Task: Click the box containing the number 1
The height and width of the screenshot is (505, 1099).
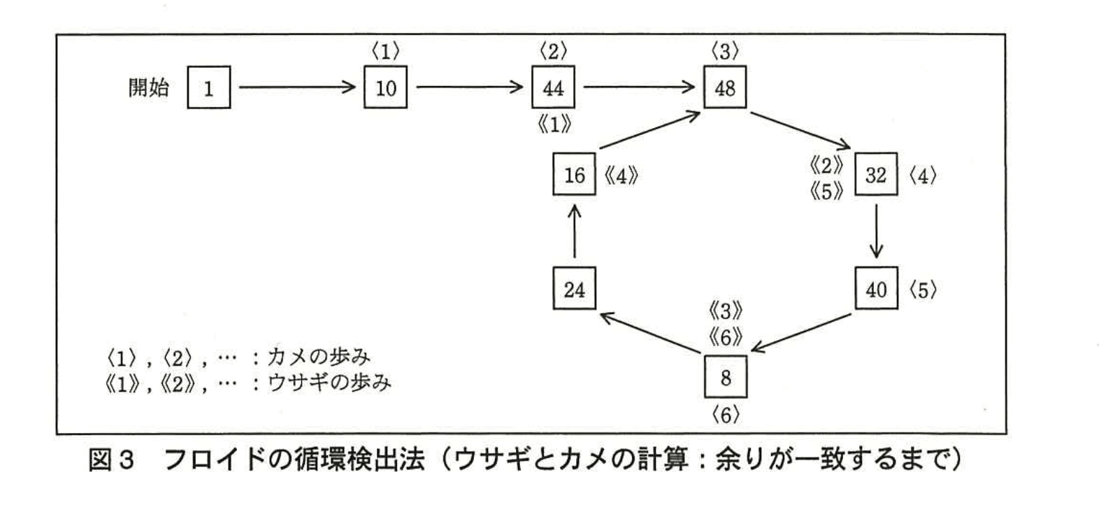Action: [x=208, y=87]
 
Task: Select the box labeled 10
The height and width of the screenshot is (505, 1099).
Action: [x=385, y=87]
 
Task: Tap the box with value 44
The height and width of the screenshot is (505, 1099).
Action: [x=553, y=87]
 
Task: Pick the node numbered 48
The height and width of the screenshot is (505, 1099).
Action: [x=725, y=87]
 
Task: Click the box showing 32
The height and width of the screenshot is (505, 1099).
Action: [x=875, y=174]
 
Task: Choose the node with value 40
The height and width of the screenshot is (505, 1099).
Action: [x=877, y=289]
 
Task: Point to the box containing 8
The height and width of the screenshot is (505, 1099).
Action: [x=725, y=377]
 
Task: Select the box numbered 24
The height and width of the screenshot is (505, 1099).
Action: [x=574, y=289]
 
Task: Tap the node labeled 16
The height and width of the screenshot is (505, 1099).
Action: [x=574, y=174]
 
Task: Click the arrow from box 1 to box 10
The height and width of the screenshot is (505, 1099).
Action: [x=297, y=87]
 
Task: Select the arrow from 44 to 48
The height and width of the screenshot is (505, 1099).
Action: [x=639, y=87]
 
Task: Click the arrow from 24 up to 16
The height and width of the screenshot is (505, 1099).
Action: [x=574, y=232]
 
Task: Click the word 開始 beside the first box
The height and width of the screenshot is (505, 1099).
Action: [x=148, y=87]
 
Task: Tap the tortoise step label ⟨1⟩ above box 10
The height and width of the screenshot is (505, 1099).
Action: [x=385, y=51]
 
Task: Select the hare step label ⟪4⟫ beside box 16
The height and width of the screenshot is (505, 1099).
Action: [x=621, y=175]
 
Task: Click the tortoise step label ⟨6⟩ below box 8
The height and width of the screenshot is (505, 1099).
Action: [x=725, y=415]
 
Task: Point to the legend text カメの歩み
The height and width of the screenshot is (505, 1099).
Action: [x=318, y=357]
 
